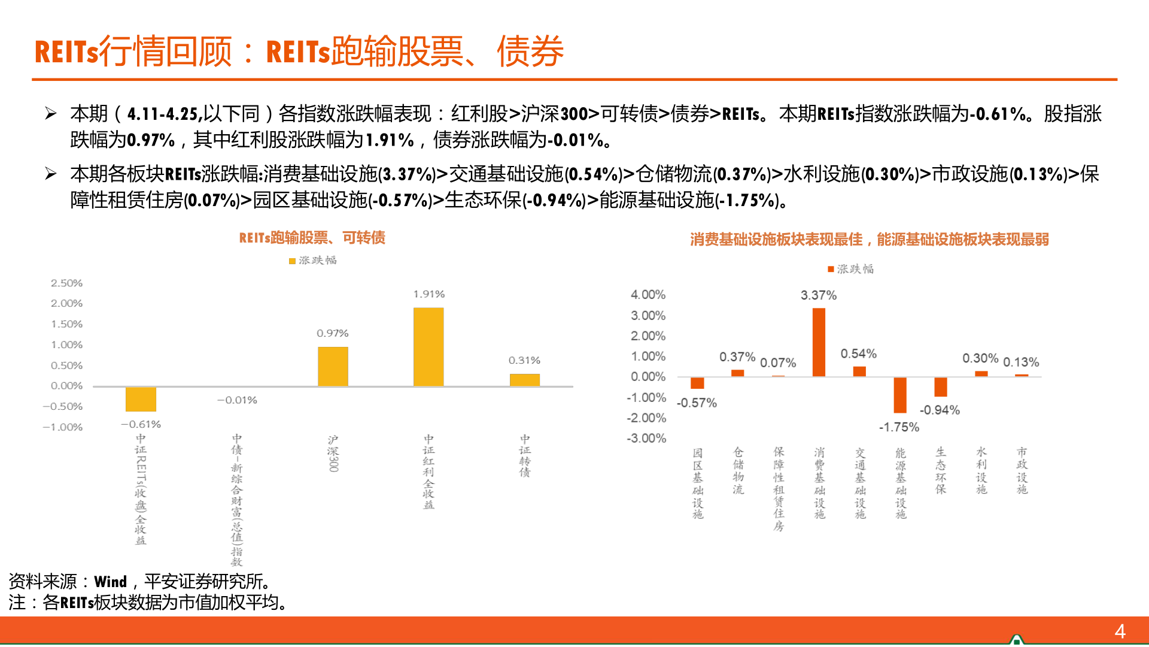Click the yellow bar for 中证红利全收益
428,346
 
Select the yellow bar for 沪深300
333,366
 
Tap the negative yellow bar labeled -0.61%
141,399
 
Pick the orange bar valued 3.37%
819,342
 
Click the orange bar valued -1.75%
900,395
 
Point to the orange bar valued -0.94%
941,386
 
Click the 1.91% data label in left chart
428,294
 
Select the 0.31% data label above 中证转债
524,360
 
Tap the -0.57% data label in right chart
697,403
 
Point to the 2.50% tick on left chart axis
66,283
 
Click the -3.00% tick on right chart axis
646,439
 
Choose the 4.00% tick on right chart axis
648,295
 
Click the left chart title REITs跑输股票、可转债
312,238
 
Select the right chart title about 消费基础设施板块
869,240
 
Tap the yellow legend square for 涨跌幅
292,261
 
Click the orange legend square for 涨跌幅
831,270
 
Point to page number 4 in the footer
1120,631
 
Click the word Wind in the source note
111,582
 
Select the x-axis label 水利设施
981,471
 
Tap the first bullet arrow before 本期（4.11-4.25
51,113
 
